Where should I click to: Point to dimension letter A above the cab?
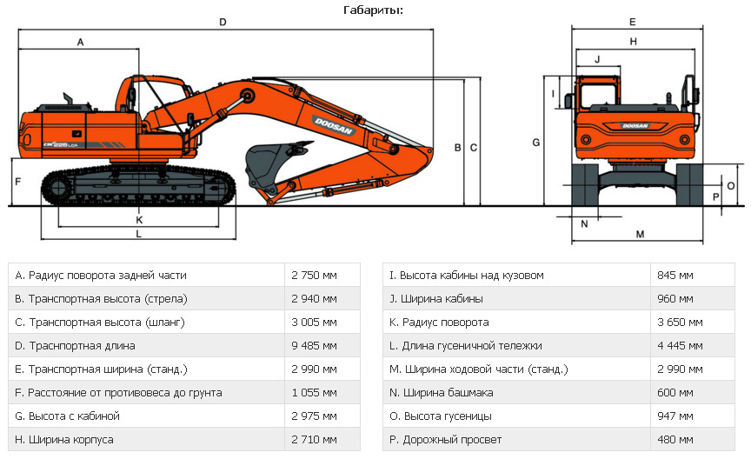(x=80, y=41)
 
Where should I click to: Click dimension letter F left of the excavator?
(x=17, y=182)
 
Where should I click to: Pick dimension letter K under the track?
(x=139, y=219)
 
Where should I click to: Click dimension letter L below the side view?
(x=139, y=234)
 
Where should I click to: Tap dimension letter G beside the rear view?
(x=536, y=141)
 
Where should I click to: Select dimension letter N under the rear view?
(x=584, y=223)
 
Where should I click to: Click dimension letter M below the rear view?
(x=639, y=234)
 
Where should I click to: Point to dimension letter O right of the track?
(x=731, y=185)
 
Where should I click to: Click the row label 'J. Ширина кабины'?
(x=436, y=299)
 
